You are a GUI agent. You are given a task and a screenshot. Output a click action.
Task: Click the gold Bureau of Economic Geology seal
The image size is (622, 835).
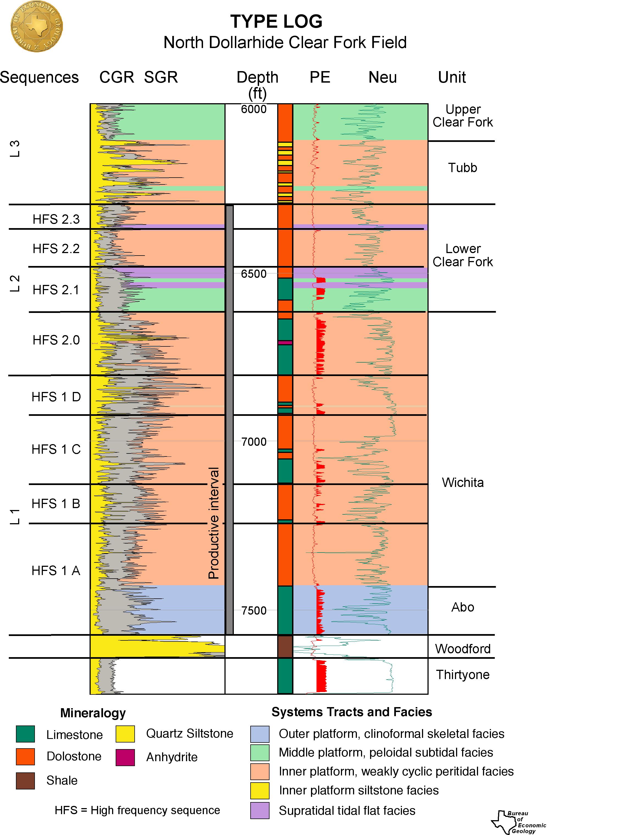coord(37,26)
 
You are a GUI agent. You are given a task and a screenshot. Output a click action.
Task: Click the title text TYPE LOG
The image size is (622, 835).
coord(276,21)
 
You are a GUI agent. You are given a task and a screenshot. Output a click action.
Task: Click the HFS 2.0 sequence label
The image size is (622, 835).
coord(56,340)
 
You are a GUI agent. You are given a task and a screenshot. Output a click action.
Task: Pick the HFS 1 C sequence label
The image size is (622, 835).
coord(56,449)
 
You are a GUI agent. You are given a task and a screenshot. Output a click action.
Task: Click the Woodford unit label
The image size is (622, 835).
coord(463,649)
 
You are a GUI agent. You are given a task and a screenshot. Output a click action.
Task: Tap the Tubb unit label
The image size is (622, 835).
coord(462,167)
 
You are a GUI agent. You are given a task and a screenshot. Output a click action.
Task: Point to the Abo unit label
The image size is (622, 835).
coord(462,607)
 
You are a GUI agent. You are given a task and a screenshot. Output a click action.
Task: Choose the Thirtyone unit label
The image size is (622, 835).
coord(462,675)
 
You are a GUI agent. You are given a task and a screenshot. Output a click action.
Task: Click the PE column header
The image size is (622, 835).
coord(320,77)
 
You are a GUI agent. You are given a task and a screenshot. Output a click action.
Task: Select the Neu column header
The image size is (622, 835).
coord(382,77)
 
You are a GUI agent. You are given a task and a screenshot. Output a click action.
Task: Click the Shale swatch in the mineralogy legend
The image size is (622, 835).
coord(25,781)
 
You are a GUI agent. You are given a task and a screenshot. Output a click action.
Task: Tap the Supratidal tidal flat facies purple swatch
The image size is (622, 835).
coord(260,811)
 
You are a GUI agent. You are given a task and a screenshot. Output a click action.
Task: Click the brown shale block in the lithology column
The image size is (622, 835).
coord(285,646)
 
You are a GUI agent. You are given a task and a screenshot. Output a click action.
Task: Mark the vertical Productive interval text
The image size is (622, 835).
coord(213,523)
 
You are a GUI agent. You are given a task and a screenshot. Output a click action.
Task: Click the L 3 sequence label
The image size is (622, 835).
coord(14,148)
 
